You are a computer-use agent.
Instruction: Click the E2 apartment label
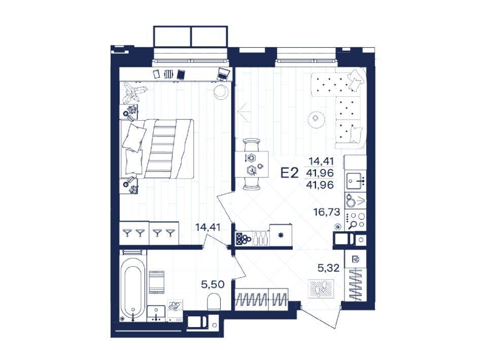tap(290, 173)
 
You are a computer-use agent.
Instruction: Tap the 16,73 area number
tap(327, 212)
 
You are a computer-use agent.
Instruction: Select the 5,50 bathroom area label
tap(213, 284)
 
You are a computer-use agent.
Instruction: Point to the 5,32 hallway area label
tap(328, 268)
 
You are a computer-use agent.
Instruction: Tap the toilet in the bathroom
tap(214, 302)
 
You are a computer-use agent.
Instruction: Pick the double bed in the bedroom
tap(157, 149)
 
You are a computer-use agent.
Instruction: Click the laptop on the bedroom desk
tap(223, 74)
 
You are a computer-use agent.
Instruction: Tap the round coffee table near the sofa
tap(316, 119)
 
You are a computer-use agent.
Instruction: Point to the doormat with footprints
tap(321, 289)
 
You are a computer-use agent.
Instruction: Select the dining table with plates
tap(252, 164)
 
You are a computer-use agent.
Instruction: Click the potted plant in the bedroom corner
tap(134, 92)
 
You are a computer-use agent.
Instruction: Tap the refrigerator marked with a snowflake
tap(281, 235)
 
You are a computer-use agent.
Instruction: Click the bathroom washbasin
tap(156, 313)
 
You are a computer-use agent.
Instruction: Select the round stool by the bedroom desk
tap(222, 92)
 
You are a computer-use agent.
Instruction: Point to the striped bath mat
tap(157, 281)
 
